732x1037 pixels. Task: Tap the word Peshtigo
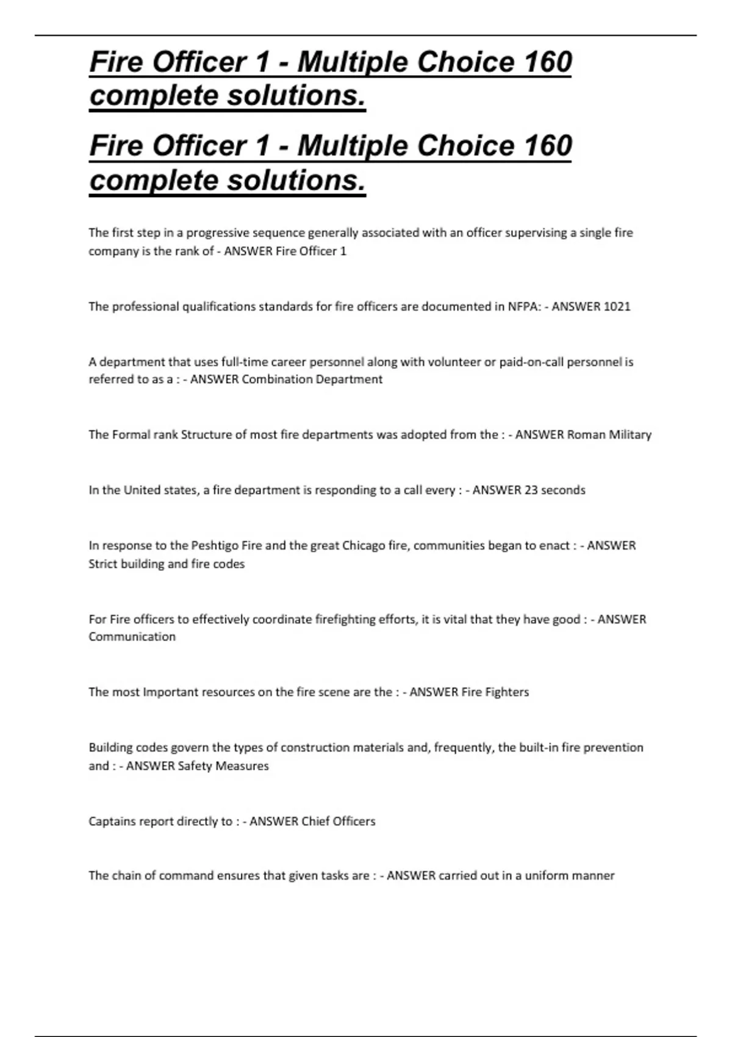pos(215,545)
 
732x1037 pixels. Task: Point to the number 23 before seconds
pos(531,490)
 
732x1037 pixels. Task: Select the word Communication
pos(132,637)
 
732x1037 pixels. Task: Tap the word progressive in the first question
pos(215,233)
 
